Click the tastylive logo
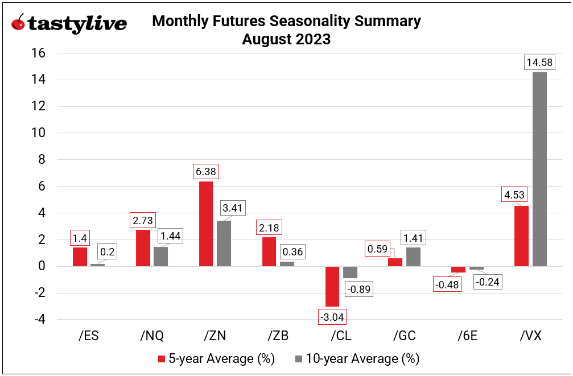[x=69, y=24]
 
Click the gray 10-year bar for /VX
[x=539, y=169]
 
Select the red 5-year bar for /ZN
[x=206, y=224]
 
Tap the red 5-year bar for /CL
[x=332, y=286]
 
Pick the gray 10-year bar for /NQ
[x=161, y=257]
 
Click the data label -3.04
[x=332, y=317]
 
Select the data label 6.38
[x=206, y=171]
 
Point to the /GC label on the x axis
[x=404, y=336]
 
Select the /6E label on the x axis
[x=467, y=336]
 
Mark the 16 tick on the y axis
[x=38, y=53]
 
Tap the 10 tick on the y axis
[x=38, y=133]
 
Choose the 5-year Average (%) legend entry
[x=216, y=359]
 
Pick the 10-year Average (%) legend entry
[x=357, y=359]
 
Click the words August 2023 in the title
[x=286, y=40]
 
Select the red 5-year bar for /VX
[x=521, y=236]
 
